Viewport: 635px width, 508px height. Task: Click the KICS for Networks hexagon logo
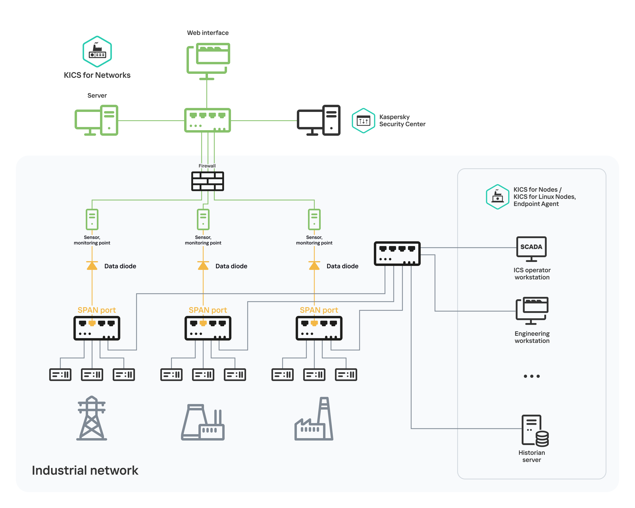pyautogui.click(x=97, y=52)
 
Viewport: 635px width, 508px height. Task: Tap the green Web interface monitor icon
pyautogui.click(x=208, y=60)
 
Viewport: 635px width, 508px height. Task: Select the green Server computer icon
pyautogui.click(x=97, y=120)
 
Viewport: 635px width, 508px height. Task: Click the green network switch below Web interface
pyautogui.click(x=207, y=120)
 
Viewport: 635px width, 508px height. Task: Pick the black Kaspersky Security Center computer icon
pyautogui.click(x=318, y=120)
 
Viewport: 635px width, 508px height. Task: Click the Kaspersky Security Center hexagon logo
pyautogui.click(x=363, y=120)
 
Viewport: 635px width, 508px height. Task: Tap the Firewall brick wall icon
pyautogui.click(x=207, y=181)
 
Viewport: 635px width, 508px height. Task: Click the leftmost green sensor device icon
pyautogui.click(x=92, y=219)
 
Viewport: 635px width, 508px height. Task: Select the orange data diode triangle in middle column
pyautogui.click(x=203, y=266)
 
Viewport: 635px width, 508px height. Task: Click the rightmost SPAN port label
pyautogui.click(x=319, y=310)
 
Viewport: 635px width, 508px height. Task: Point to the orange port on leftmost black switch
pyautogui.click(x=92, y=323)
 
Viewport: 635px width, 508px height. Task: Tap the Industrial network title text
pyautogui.click(x=85, y=470)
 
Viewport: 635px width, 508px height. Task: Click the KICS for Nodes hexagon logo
pyautogui.click(x=497, y=197)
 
